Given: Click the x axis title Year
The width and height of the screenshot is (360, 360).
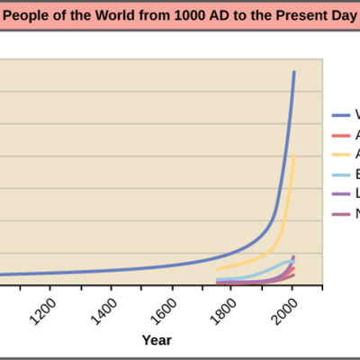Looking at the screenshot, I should pyautogui.click(x=156, y=340).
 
